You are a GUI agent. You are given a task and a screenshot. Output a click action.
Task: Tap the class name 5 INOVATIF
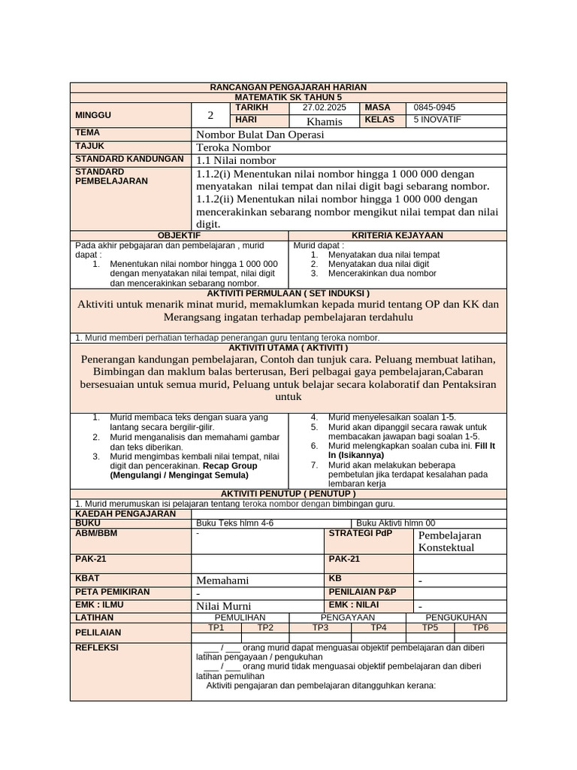click(x=438, y=120)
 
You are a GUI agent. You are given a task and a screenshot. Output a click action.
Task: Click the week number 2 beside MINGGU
click(x=211, y=115)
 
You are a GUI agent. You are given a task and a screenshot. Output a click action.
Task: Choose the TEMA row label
click(x=87, y=133)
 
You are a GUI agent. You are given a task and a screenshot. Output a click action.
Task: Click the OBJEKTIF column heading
click(x=179, y=235)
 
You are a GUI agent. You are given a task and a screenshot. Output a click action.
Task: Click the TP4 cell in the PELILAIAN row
click(x=379, y=627)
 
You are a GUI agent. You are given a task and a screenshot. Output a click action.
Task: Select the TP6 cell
click(x=480, y=627)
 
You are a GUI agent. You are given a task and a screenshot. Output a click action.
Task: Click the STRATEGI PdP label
click(x=357, y=534)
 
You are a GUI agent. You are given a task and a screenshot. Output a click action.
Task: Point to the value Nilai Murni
click(x=223, y=606)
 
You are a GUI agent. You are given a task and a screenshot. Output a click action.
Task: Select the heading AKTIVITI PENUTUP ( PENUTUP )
click(x=288, y=493)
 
